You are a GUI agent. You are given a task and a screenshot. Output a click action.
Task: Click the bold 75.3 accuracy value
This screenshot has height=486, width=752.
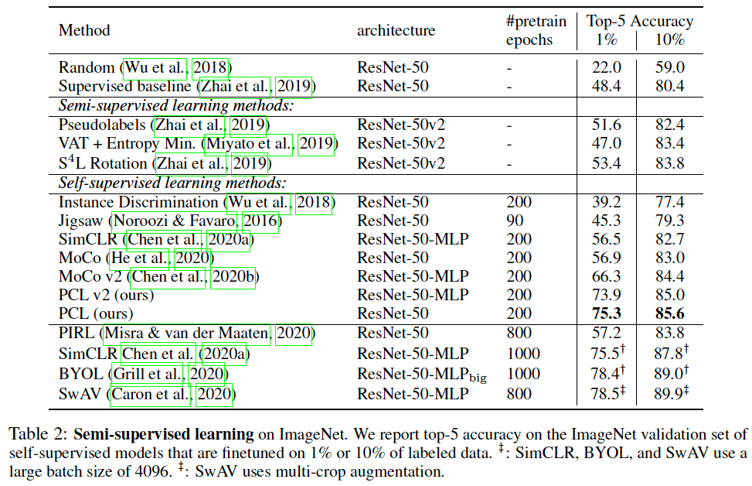tap(606, 313)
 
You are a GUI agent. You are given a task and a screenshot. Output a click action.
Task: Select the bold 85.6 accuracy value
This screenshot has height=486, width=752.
tap(669, 313)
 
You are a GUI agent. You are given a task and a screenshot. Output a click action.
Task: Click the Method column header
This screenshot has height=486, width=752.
tap(84, 30)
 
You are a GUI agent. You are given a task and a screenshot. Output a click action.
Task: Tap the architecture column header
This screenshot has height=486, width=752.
tap(396, 30)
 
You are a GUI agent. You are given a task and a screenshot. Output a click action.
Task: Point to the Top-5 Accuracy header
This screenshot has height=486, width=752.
tap(639, 21)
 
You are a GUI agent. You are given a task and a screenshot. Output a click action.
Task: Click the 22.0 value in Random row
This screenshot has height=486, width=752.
tap(606, 67)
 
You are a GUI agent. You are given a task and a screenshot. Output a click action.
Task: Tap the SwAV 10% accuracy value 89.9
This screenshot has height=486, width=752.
tap(669, 394)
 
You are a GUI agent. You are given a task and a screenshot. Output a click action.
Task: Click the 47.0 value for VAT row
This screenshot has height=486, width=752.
tap(606, 143)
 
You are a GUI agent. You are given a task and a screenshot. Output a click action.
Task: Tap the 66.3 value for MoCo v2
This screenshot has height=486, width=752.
tap(606, 276)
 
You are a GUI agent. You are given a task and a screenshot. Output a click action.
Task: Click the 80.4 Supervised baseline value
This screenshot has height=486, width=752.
tap(669, 86)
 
